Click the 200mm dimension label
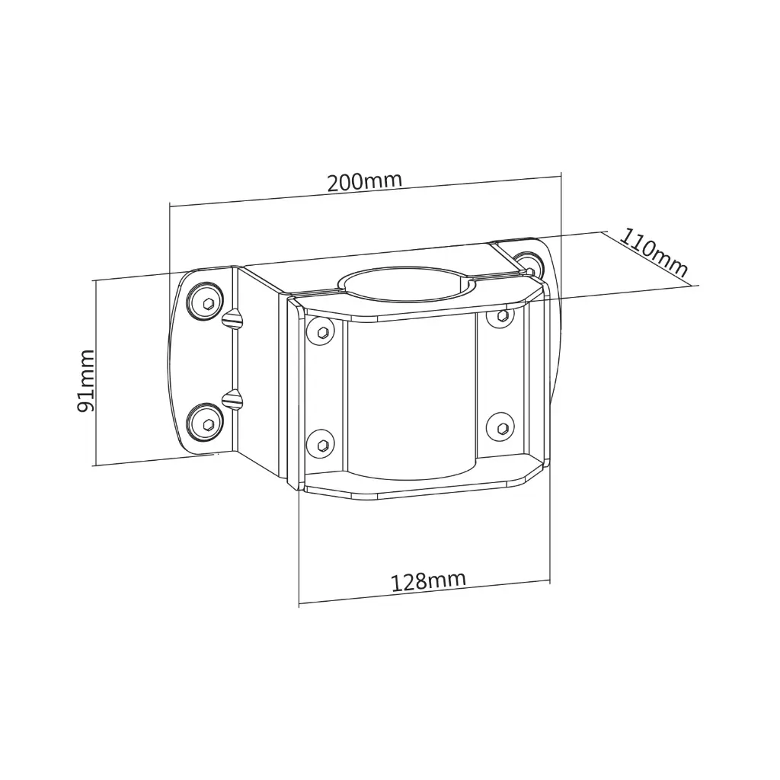point(364,182)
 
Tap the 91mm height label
point(86,381)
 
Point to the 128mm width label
point(428,581)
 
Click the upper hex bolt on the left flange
point(206,303)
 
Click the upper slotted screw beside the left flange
point(233,320)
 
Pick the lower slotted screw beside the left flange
point(233,398)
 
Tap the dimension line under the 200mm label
point(364,191)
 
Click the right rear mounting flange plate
point(553,320)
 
